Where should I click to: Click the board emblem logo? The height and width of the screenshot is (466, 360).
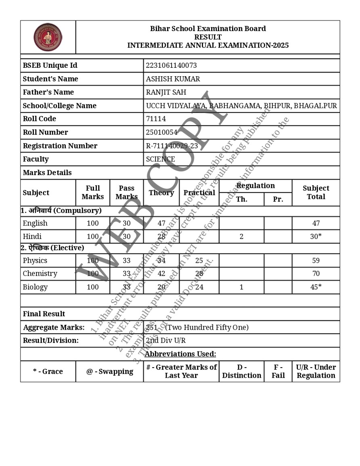point(48,37)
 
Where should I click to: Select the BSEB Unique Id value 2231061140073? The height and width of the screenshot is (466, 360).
point(171,65)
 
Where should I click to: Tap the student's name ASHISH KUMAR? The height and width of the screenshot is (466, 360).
point(173,79)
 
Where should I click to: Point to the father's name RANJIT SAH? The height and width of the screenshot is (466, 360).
point(166,92)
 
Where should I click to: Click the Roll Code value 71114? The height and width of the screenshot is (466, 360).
point(156,119)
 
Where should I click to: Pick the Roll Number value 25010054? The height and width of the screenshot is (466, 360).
point(161,132)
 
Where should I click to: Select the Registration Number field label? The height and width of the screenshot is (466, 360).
point(60,146)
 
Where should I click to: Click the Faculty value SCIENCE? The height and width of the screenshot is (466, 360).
point(160,159)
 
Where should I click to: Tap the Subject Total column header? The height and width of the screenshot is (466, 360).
point(316,192)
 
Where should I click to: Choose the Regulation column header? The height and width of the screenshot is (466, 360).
point(255,186)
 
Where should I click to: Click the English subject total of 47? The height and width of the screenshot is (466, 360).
point(316,223)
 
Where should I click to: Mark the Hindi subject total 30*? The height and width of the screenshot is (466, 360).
point(316,236)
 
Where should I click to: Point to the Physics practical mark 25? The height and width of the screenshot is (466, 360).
point(199,260)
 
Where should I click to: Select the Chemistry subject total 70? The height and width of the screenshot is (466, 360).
point(316,274)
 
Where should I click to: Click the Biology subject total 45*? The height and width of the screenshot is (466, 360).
point(316,287)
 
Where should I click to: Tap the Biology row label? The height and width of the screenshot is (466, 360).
point(35,287)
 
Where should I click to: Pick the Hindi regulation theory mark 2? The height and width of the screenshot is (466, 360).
point(241,236)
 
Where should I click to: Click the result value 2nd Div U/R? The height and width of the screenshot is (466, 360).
point(165,340)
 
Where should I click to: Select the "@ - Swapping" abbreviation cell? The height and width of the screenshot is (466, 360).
point(109,371)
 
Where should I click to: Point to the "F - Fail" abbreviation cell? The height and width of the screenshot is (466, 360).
point(278,371)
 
